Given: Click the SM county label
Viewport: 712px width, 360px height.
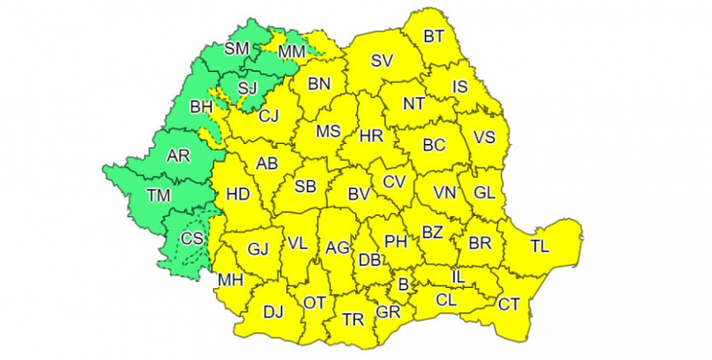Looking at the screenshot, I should click(238, 49).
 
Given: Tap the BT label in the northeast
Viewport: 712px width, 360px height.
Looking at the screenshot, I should click(434, 36).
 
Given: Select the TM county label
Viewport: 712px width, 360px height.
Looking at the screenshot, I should click(159, 194).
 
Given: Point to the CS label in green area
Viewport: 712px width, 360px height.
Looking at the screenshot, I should click(192, 238).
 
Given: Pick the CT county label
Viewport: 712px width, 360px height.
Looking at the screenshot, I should click(509, 304).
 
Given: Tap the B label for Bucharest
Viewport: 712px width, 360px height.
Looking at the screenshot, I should click(402, 284).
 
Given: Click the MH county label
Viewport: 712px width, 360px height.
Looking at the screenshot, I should click(231, 281).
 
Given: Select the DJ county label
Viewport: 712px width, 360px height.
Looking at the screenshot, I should click(273, 311).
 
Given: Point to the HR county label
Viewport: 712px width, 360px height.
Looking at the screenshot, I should click(371, 137).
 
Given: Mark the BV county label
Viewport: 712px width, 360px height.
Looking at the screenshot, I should click(358, 194).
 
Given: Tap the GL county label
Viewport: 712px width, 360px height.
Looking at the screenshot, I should click(484, 193).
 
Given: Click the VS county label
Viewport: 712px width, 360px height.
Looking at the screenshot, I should click(484, 137).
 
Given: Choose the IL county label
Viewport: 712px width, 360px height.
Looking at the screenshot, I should click(458, 277).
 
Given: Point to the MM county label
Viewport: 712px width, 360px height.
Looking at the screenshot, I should click(290, 52).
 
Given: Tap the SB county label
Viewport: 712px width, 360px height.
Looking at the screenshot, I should click(304, 187).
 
